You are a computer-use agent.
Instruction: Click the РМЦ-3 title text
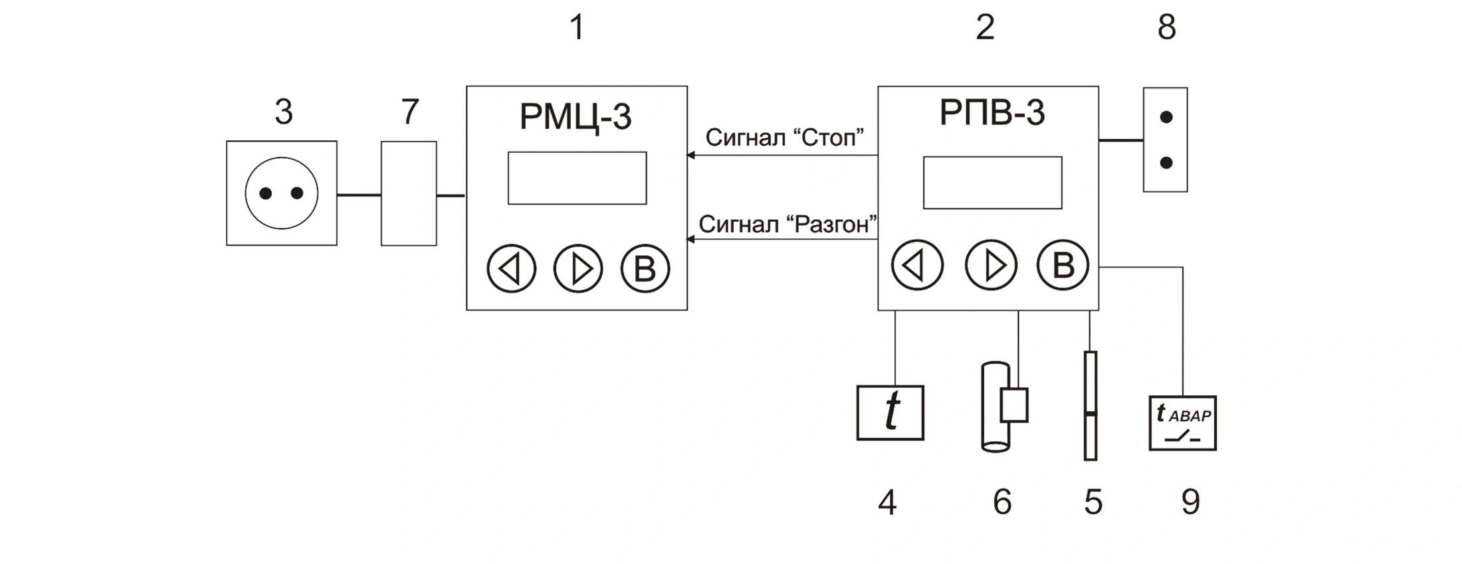point(575,117)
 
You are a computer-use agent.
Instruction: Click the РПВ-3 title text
point(992,112)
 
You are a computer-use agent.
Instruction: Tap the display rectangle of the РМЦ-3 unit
point(577,178)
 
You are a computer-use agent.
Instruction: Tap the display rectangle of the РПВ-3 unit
point(992,183)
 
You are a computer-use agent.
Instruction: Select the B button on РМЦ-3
point(645,268)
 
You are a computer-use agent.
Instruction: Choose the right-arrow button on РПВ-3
point(991,265)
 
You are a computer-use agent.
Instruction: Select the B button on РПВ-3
point(1063,264)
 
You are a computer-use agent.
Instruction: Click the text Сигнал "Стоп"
point(784,138)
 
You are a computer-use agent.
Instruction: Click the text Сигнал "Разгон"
point(788,225)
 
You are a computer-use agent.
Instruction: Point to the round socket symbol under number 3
point(281,193)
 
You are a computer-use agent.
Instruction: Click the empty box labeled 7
point(409,193)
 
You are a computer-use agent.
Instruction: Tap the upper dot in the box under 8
point(1166,117)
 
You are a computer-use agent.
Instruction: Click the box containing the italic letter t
point(890,413)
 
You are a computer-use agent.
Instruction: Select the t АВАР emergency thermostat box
point(1182,423)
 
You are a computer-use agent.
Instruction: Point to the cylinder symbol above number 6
point(995,407)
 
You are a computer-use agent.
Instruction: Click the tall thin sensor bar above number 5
point(1090,405)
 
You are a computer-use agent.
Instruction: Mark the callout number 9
point(1190,502)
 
